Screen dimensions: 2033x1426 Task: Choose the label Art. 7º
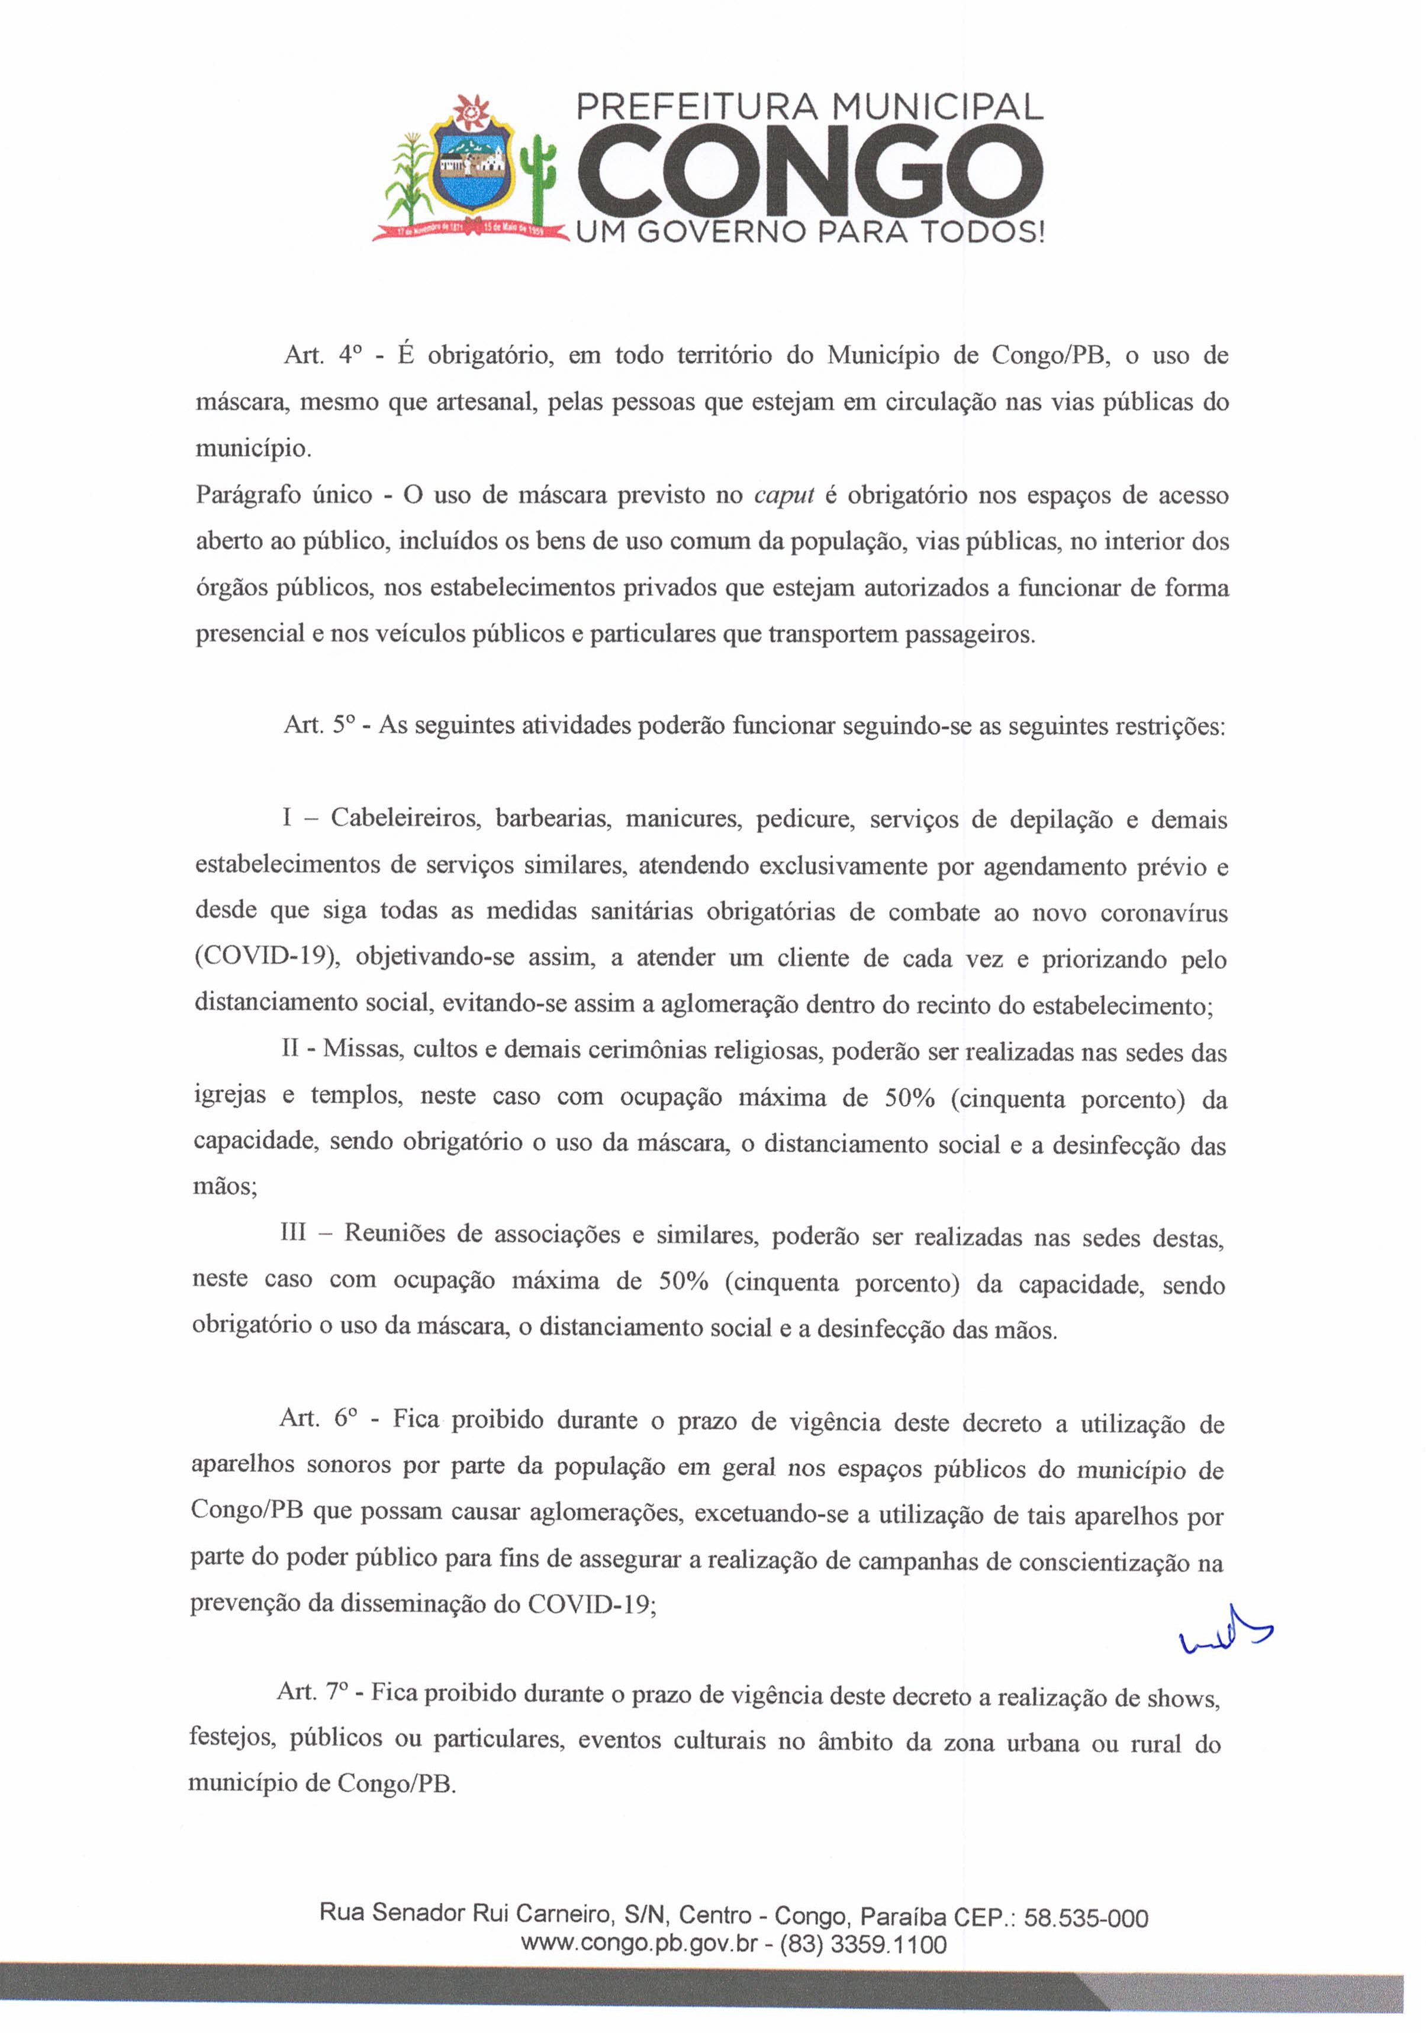click(314, 1692)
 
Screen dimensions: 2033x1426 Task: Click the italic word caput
click(784, 495)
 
